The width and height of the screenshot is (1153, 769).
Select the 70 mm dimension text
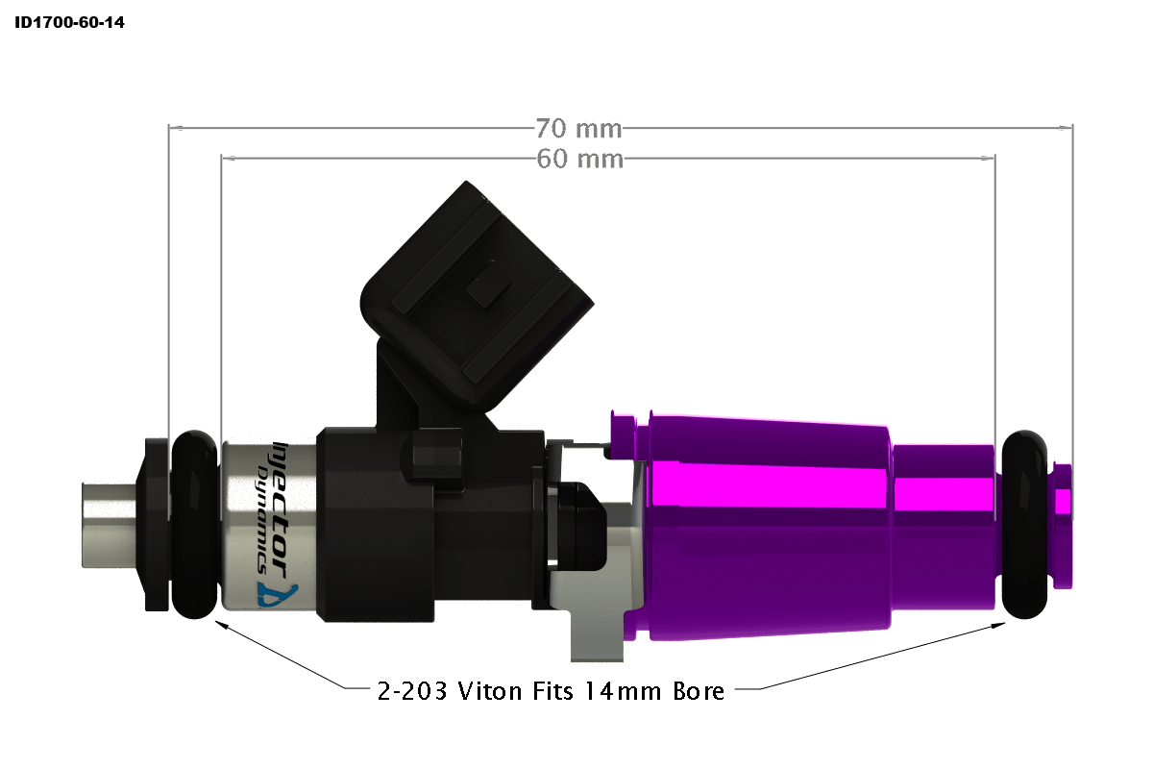pyautogui.click(x=578, y=127)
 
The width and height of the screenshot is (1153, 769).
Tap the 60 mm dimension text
pyautogui.click(x=578, y=159)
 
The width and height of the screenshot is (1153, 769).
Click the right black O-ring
pyautogui.click(x=1024, y=524)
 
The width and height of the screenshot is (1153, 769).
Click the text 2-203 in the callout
pyautogui.click(x=411, y=690)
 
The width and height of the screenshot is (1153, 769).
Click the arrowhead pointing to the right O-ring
pyautogui.click(x=997, y=625)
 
